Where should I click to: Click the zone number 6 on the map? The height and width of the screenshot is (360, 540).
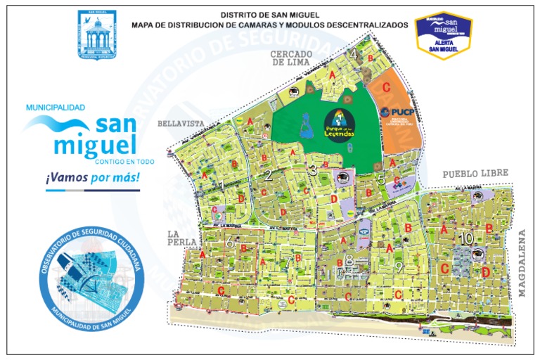[x=229, y=243]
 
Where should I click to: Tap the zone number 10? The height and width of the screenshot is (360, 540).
[x=465, y=239]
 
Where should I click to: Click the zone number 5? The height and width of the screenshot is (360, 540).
[x=381, y=179]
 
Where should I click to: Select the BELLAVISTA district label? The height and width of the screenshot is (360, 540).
[x=181, y=123]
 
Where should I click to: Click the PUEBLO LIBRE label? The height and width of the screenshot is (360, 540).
[x=475, y=174]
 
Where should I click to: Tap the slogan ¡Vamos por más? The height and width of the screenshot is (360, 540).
[x=93, y=179]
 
